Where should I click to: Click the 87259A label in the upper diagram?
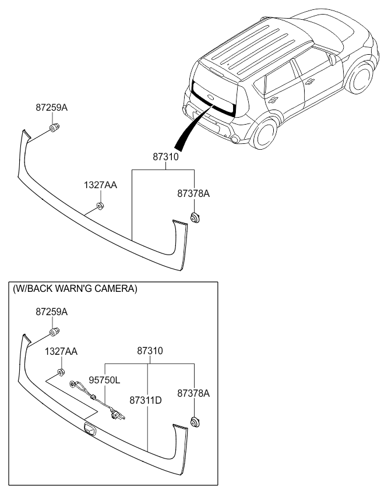[x=51, y=108]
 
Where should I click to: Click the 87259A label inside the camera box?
[x=51, y=312]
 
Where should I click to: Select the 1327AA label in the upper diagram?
[x=100, y=185]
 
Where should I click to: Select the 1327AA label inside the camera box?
[x=61, y=352]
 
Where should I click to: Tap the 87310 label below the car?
[x=165, y=157]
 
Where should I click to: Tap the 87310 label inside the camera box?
[x=150, y=351]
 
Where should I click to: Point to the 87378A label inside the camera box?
[x=193, y=394]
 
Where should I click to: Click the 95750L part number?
[x=104, y=380]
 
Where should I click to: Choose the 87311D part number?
[x=146, y=401]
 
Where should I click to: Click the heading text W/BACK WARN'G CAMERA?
[x=74, y=288]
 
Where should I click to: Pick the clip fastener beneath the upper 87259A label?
[x=54, y=128]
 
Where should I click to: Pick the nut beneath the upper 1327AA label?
[x=100, y=205]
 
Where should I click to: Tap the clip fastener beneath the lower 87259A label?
[x=54, y=333]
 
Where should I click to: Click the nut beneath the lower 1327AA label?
[x=61, y=372]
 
